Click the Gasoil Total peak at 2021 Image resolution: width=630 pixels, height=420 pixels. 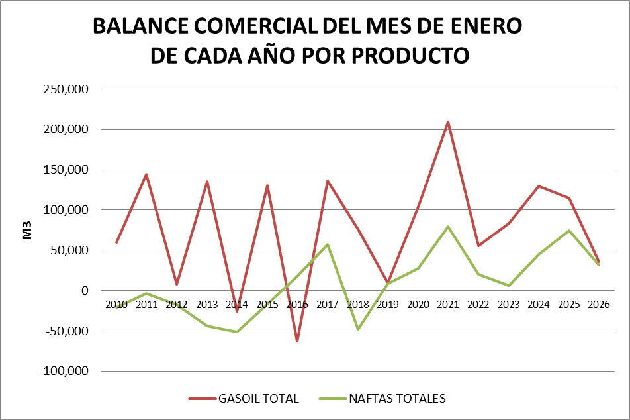tap(448, 122)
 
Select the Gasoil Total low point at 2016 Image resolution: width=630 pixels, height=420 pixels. tap(297, 341)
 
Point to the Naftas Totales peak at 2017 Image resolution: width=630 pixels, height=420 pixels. tap(328, 244)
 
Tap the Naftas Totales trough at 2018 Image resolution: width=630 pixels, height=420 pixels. tap(358, 329)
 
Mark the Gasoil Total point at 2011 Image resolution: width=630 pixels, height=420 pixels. tap(146, 174)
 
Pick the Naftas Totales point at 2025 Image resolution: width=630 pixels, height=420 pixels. tap(569, 231)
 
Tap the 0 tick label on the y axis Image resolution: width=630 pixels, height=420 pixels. tap(84, 291)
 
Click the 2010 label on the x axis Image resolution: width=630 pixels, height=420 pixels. tap(116, 305)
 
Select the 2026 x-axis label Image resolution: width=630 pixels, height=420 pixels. tap(599, 305)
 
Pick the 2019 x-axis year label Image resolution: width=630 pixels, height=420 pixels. tap(388, 305)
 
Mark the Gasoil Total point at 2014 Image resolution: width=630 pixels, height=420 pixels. tap(237, 311)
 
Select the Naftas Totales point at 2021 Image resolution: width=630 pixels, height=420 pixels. tap(448, 227)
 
